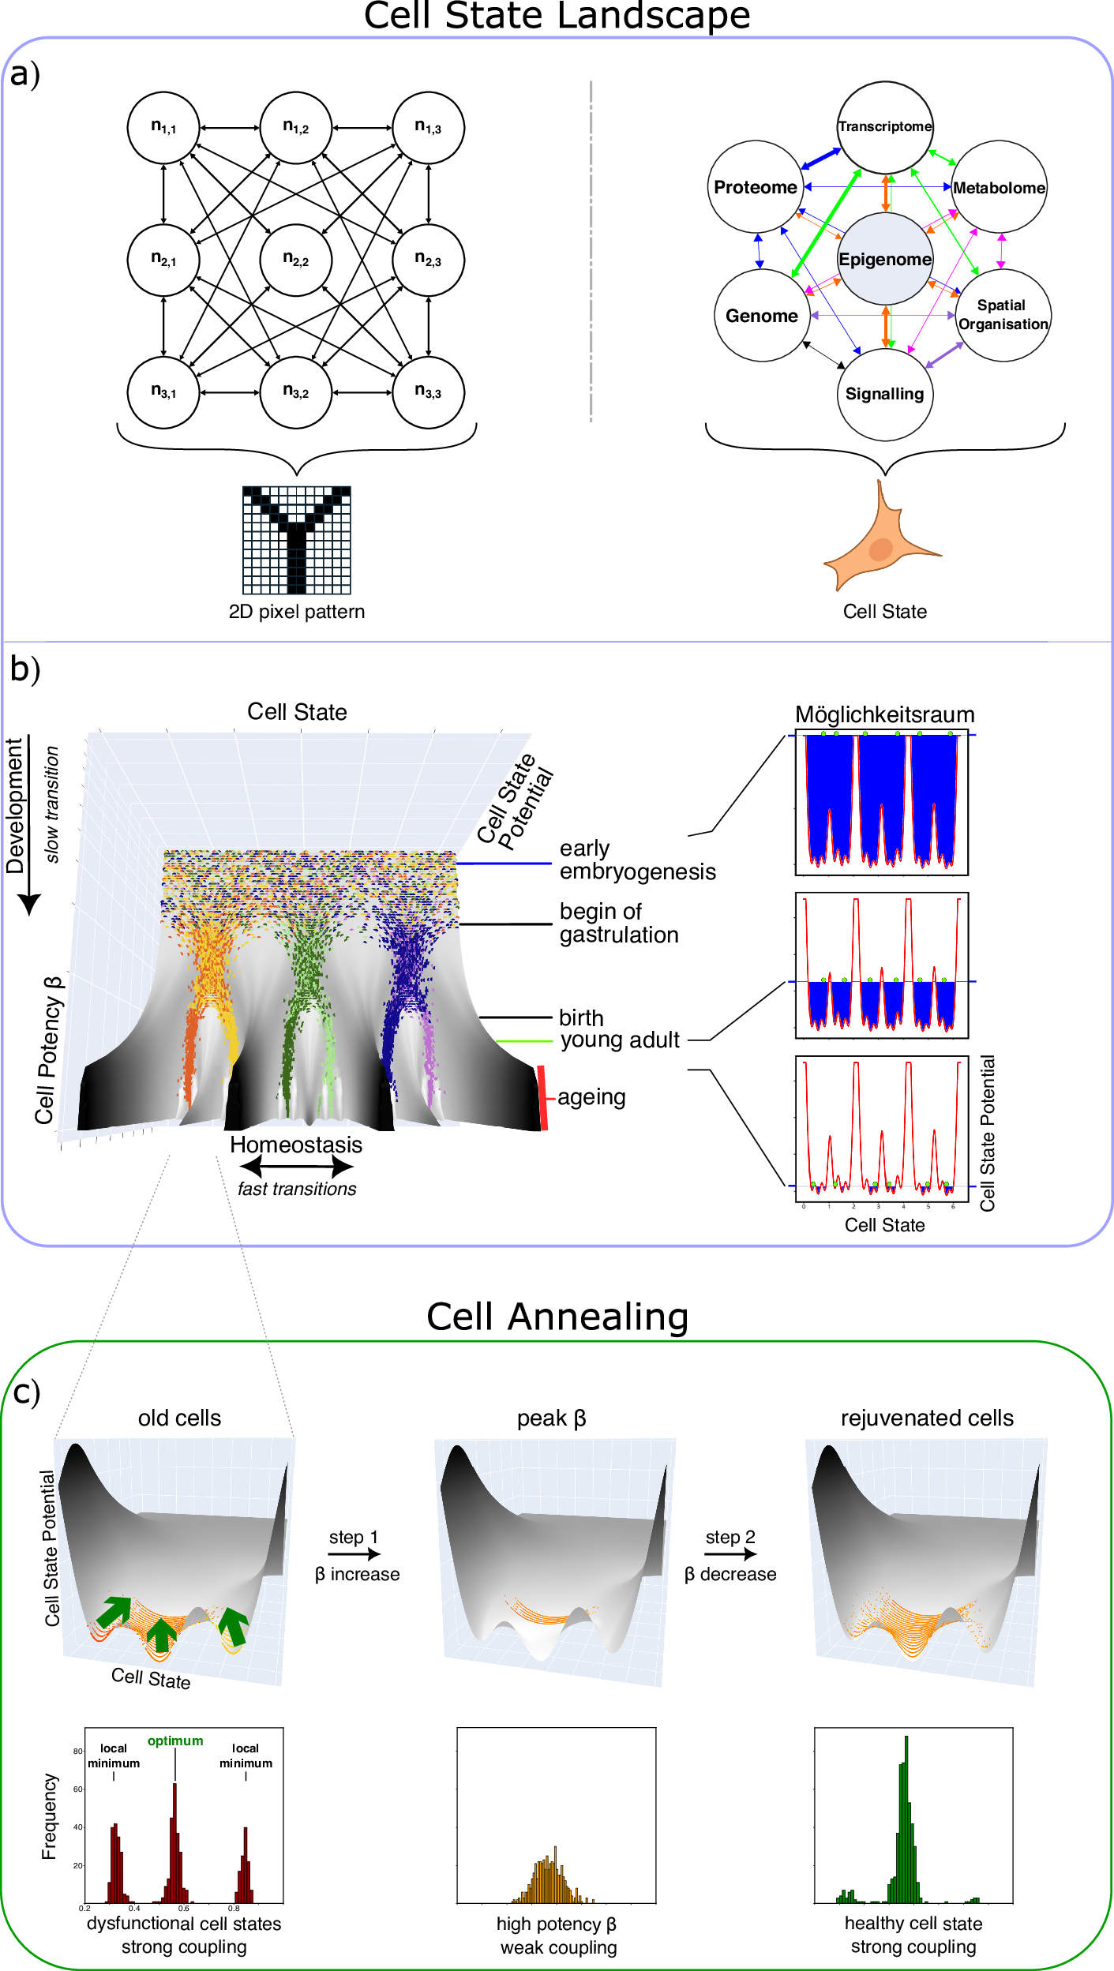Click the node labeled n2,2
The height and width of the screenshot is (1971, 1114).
click(x=296, y=260)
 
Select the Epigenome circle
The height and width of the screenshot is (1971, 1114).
click(x=885, y=259)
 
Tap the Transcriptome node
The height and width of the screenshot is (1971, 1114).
click(x=885, y=126)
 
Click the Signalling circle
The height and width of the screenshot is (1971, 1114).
click(x=884, y=394)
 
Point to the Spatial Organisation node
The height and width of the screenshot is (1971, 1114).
click(x=1003, y=315)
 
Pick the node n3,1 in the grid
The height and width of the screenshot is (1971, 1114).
click(x=163, y=392)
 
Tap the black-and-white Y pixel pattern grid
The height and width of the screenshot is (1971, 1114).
click(x=296, y=540)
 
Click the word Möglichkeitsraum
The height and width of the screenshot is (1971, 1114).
click(x=884, y=714)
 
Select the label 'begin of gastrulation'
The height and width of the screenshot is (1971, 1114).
click(x=619, y=923)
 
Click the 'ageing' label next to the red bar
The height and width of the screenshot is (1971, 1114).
click(x=591, y=1097)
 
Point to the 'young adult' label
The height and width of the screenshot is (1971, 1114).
click(x=620, y=1040)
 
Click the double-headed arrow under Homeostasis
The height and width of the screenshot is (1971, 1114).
click(x=296, y=1166)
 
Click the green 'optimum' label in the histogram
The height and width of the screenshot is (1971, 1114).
click(x=175, y=1741)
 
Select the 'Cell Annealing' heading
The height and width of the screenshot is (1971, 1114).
click(x=557, y=1317)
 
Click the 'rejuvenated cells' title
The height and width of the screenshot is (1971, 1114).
click(x=927, y=1418)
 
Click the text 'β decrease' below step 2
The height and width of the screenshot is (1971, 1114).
click(x=730, y=1574)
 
